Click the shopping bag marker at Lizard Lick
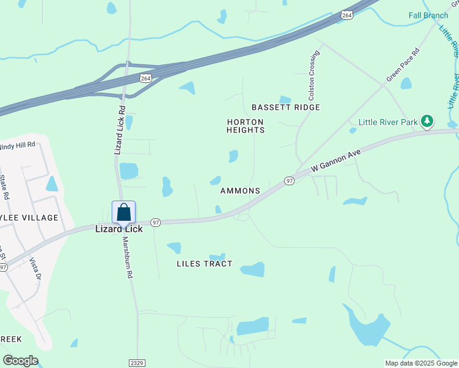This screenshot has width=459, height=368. click(123, 213)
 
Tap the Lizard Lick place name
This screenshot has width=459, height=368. click(118, 229)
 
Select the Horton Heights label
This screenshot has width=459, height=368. click(245, 126)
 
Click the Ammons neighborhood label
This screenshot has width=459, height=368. click(240, 191)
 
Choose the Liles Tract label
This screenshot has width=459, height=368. click(204, 264)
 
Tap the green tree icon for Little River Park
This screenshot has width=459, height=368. click(428, 120)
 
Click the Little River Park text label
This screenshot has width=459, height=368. click(390, 121)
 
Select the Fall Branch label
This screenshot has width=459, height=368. click(428, 15)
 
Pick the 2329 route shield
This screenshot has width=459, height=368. click(137, 363)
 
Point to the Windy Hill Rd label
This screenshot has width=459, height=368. click(17, 146)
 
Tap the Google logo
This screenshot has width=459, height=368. click(20, 361)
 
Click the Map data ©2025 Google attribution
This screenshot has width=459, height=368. click(421, 363)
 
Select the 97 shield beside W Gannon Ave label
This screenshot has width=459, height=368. click(290, 180)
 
